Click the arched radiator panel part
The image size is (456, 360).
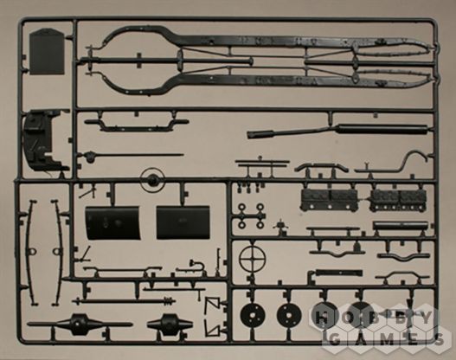(47, 51)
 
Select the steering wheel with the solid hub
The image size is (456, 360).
(151, 180)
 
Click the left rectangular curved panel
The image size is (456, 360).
(112, 222)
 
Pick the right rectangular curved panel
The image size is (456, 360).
(183, 222)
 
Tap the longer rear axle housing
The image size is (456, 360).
(80, 324)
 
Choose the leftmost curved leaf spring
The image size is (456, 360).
(31, 253)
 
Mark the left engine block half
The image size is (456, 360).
(329, 200)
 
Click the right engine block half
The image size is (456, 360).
(398, 200)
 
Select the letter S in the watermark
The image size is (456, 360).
(440, 339)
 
